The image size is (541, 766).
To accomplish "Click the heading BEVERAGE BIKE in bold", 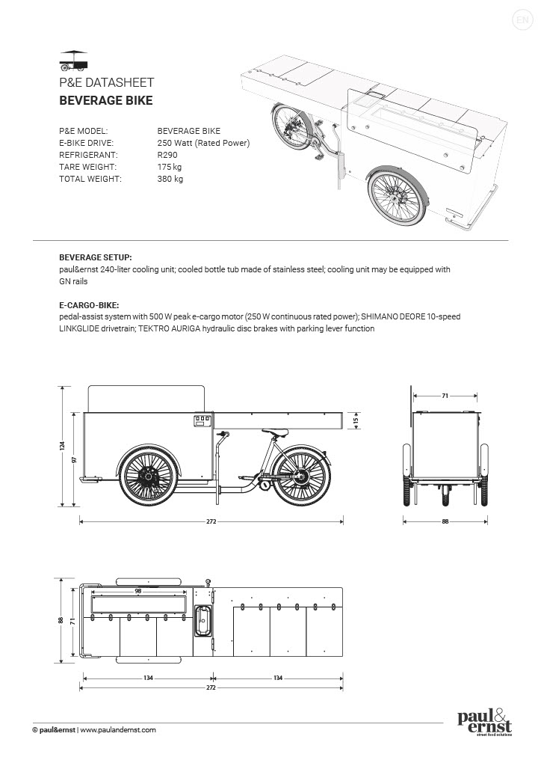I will pyautogui.click(x=105, y=101).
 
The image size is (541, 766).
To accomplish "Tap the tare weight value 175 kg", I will pyautogui.click(x=170, y=167).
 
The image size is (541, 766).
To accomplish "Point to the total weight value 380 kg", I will pyautogui.click(x=170, y=179).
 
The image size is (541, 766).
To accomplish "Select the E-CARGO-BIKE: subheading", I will pyautogui.click(x=89, y=305).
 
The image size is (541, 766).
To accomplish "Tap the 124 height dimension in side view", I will pyautogui.click(x=62, y=445).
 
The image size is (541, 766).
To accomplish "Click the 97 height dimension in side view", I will pyautogui.click(x=75, y=459).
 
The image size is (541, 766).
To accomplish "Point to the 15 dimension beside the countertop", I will pyautogui.click(x=356, y=420).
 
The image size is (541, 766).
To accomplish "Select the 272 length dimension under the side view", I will pyautogui.click(x=211, y=521).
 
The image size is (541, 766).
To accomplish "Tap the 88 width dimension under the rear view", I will pyautogui.click(x=445, y=521).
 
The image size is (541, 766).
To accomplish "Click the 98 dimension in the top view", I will pyautogui.click(x=138, y=591).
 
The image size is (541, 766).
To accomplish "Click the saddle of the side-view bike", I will pyautogui.click(x=275, y=432).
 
